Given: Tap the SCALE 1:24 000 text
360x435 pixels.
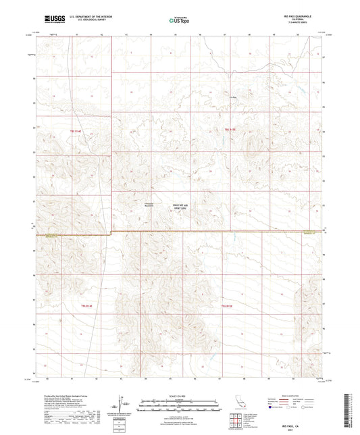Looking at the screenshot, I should click(179, 395).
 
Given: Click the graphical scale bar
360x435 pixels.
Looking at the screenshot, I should click(179, 404).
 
